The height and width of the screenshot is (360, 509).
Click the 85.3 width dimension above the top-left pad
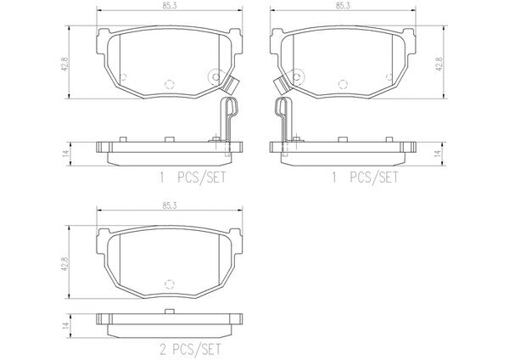pyautogui.click(x=170, y=6)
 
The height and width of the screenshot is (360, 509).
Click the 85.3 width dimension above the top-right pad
pyautogui.click(x=343, y=6)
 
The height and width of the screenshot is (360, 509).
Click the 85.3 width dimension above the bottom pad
pyautogui.click(x=170, y=205)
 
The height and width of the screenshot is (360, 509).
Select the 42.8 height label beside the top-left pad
pyautogui.click(x=64, y=65)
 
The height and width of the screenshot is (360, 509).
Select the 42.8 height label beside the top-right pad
pyautogui.click(x=439, y=64)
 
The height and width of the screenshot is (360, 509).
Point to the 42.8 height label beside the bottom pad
pyautogui.click(x=64, y=264)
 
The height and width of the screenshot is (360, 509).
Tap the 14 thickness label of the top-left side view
pyautogui.click(x=65, y=153)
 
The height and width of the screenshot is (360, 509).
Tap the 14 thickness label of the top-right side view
pyautogui.click(x=439, y=153)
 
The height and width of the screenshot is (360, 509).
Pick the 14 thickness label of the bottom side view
pyautogui.click(x=65, y=325)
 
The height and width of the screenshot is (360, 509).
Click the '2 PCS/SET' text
pyautogui.click(x=191, y=350)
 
